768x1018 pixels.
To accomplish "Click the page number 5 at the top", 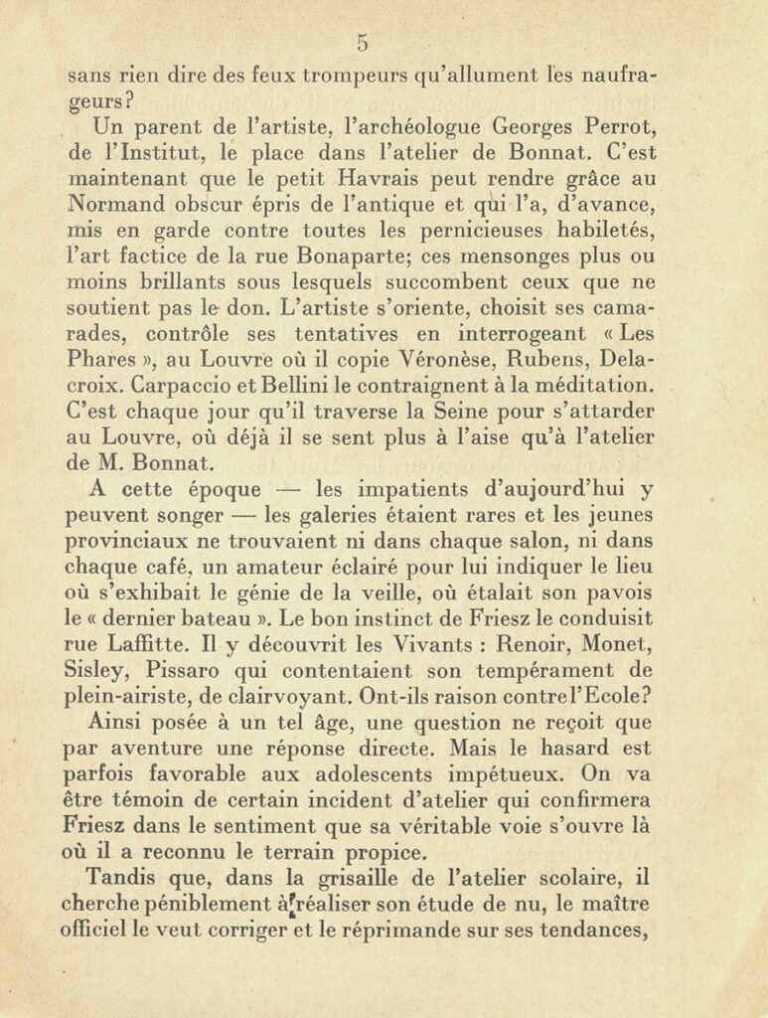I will click(x=363, y=42).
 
